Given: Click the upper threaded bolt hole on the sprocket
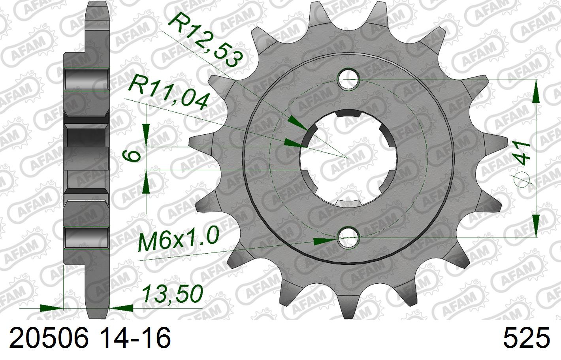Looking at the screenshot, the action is [x=348, y=79].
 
